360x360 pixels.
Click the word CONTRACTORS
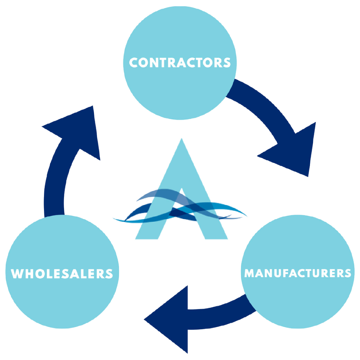(x=180, y=63)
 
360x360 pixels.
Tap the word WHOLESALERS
(x=62, y=274)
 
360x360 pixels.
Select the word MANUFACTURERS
(x=298, y=273)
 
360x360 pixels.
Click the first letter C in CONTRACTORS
(x=134, y=63)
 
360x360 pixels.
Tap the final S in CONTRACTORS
(x=227, y=63)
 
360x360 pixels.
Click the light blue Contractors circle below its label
(x=180, y=93)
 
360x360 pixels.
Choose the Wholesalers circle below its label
(x=62, y=303)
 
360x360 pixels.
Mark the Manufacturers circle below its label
(x=298, y=303)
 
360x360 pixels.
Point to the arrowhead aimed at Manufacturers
(x=293, y=150)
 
